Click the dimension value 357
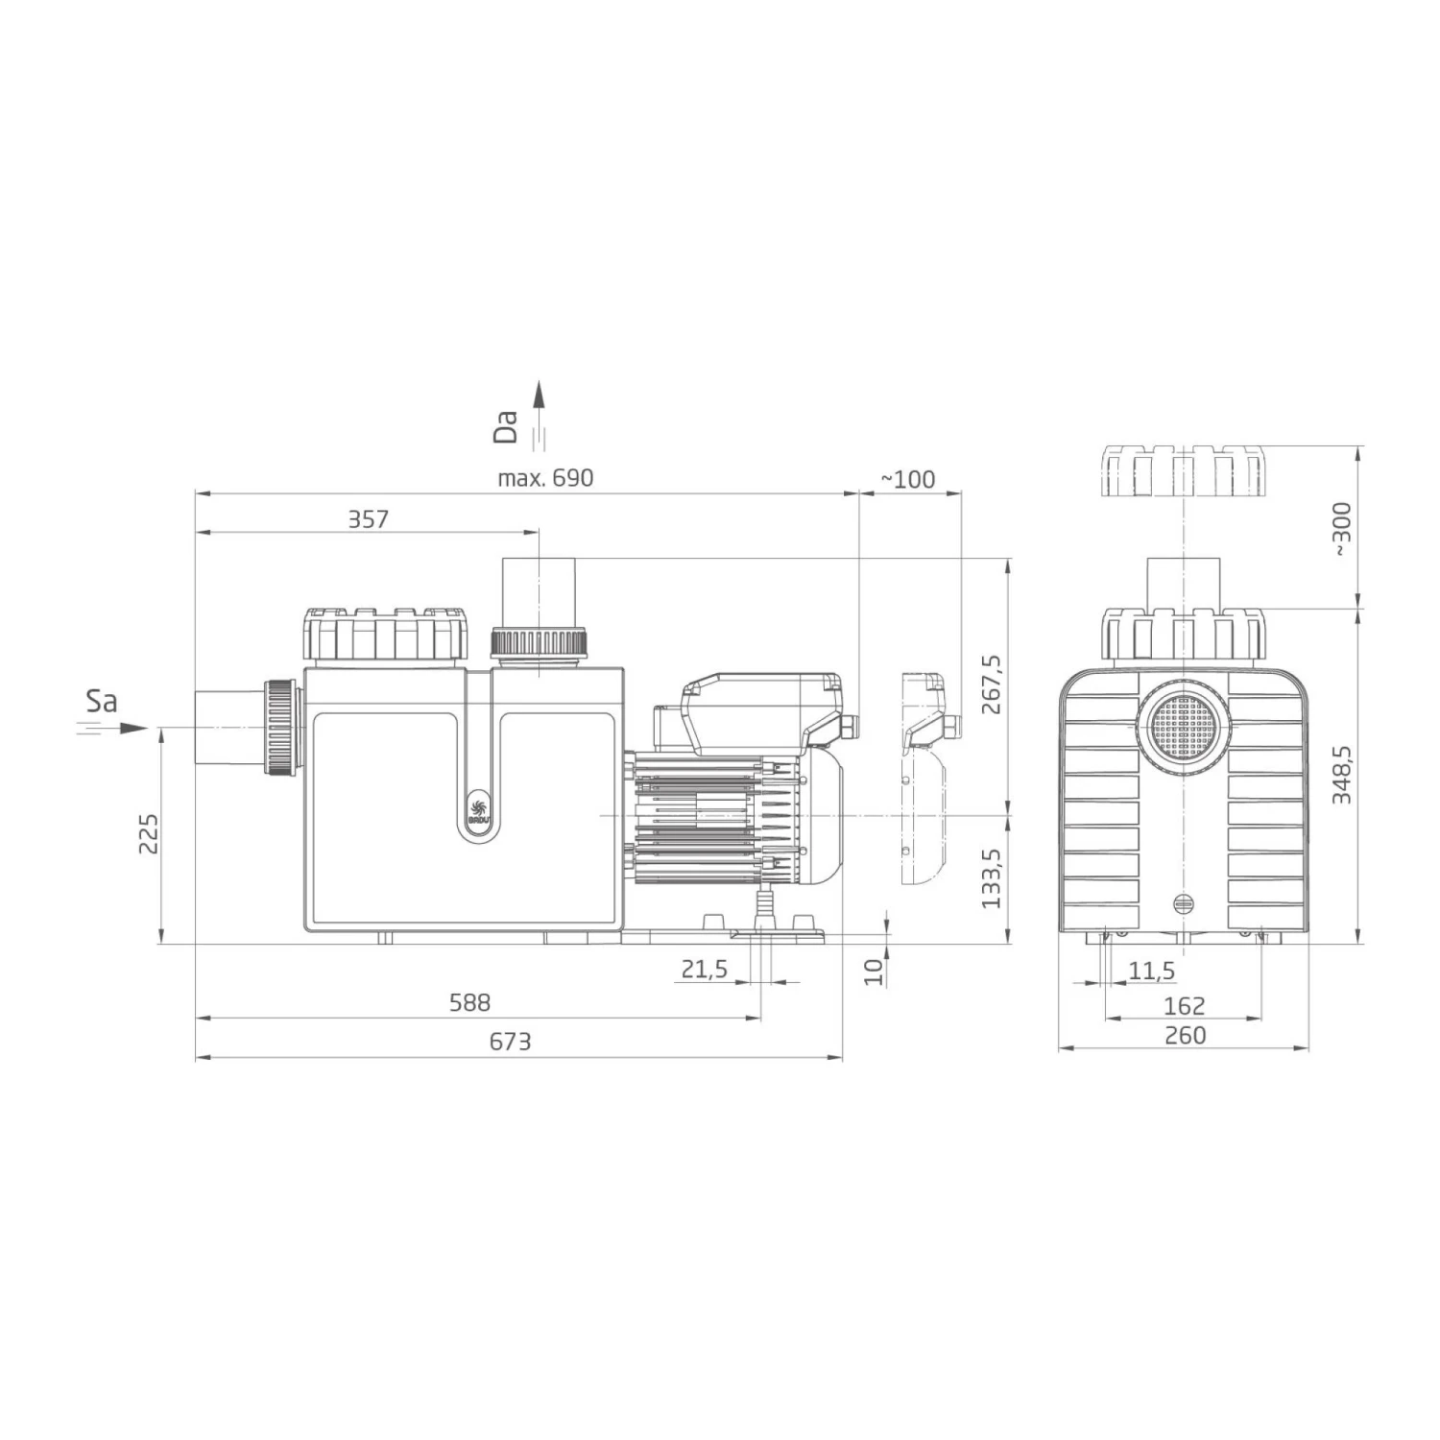pos(368,519)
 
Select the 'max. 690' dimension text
pos(545,478)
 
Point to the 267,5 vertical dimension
pos(991,684)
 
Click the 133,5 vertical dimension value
pos(991,878)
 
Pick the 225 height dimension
pos(148,833)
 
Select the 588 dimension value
pos(469,1002)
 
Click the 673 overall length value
pos(510,1042)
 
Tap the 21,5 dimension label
pos(705,970)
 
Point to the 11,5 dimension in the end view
pos(1151,972)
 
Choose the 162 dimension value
pos(1184,1005)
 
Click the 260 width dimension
pos(1184,1035)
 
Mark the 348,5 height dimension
pos(1341,774)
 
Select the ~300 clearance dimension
pos(1341,527)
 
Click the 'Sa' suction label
pos(101,702)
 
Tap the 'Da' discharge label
pos(506,426)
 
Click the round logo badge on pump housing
pos(477,804)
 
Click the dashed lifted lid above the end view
pos(1183,471)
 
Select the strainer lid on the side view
pos(386,635)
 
